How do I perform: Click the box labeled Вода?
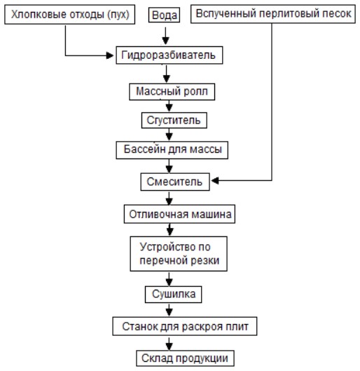(x=164, y=15)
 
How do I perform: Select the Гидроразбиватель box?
(x=169, y=55)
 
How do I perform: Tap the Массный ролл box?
(x=172, y=92)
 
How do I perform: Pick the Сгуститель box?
(x=174, y=120)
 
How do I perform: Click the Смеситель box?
(x=175, y=182)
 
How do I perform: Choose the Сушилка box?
(x=174, y=295)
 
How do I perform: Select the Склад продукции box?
(x=185, y=358)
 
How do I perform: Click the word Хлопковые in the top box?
(x=39, y=15)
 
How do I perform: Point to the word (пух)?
(x=118, y=15)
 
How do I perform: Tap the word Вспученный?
(x=226, y=13)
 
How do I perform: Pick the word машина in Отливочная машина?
(x=212, y=215)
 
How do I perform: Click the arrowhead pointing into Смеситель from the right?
(x=215, y=181)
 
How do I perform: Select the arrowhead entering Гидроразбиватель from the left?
(x=110, y=55)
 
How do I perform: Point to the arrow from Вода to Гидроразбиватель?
(x=165, y=36)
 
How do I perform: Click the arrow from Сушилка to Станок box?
(x=169, y=310)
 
